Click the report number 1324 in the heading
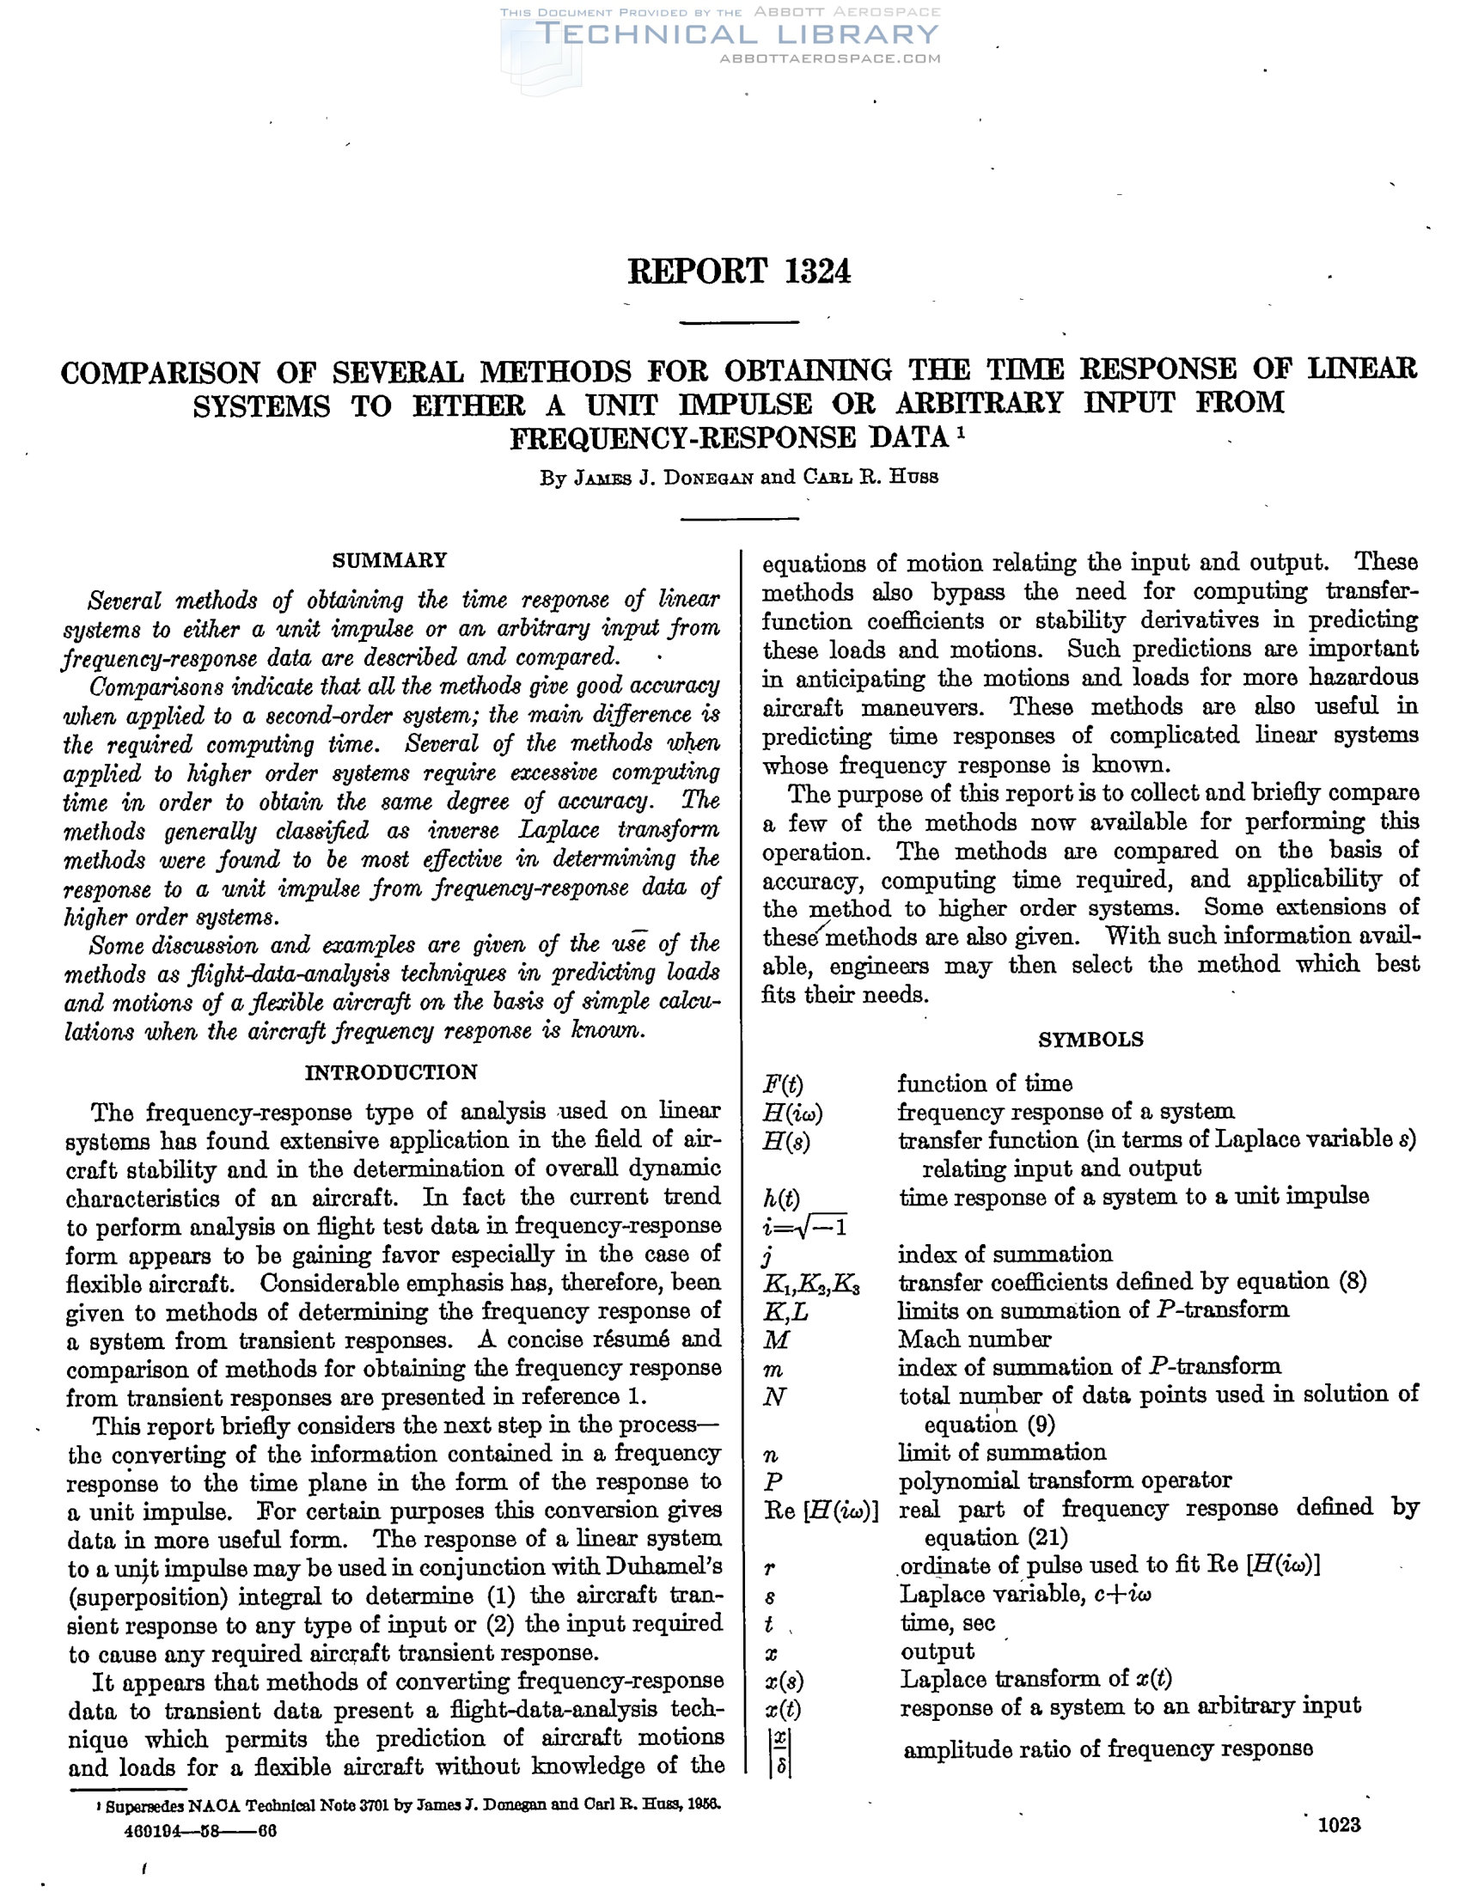click(x=817, y=272)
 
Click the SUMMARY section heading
click(x=389, y=560)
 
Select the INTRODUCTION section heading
click(x=391, y=1072)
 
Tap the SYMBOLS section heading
click(x=1090, y=1041)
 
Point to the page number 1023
click(x=1339, y=1825)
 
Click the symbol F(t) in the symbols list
click(x=782, y=1084)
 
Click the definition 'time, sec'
click(x=947, y=1622)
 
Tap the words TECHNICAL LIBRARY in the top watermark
click(x=739, y=34)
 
